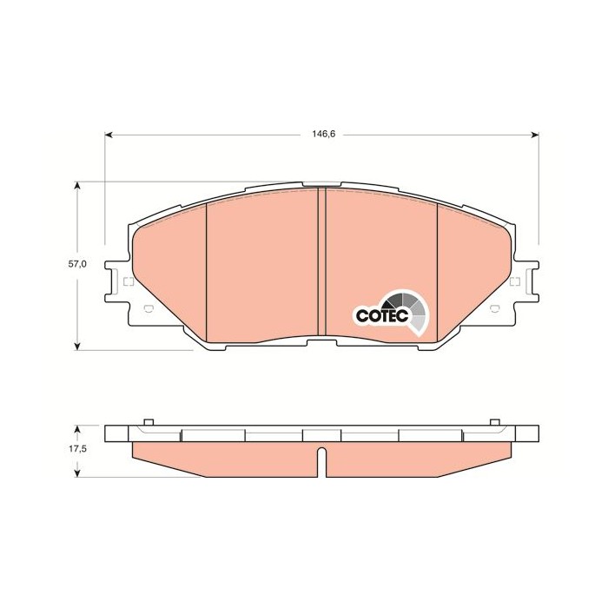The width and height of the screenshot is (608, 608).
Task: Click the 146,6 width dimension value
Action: [x=323, y=135]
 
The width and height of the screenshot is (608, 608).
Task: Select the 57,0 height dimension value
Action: [x=78, y=264]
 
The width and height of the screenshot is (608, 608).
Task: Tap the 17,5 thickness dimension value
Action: [x=78, y=449]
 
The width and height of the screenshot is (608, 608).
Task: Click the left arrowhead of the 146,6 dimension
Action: [x=109, y=135]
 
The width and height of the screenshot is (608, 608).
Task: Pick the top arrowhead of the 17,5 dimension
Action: [x=78, y=428]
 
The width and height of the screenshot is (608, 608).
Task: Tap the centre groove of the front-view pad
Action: [x=321, y=261]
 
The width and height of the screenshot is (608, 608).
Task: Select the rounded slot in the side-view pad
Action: [x=321, y=460]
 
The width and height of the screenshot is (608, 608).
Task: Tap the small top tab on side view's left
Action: [x=148, y=422]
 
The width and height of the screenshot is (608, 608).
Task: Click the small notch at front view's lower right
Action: [x=497, y=311]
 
